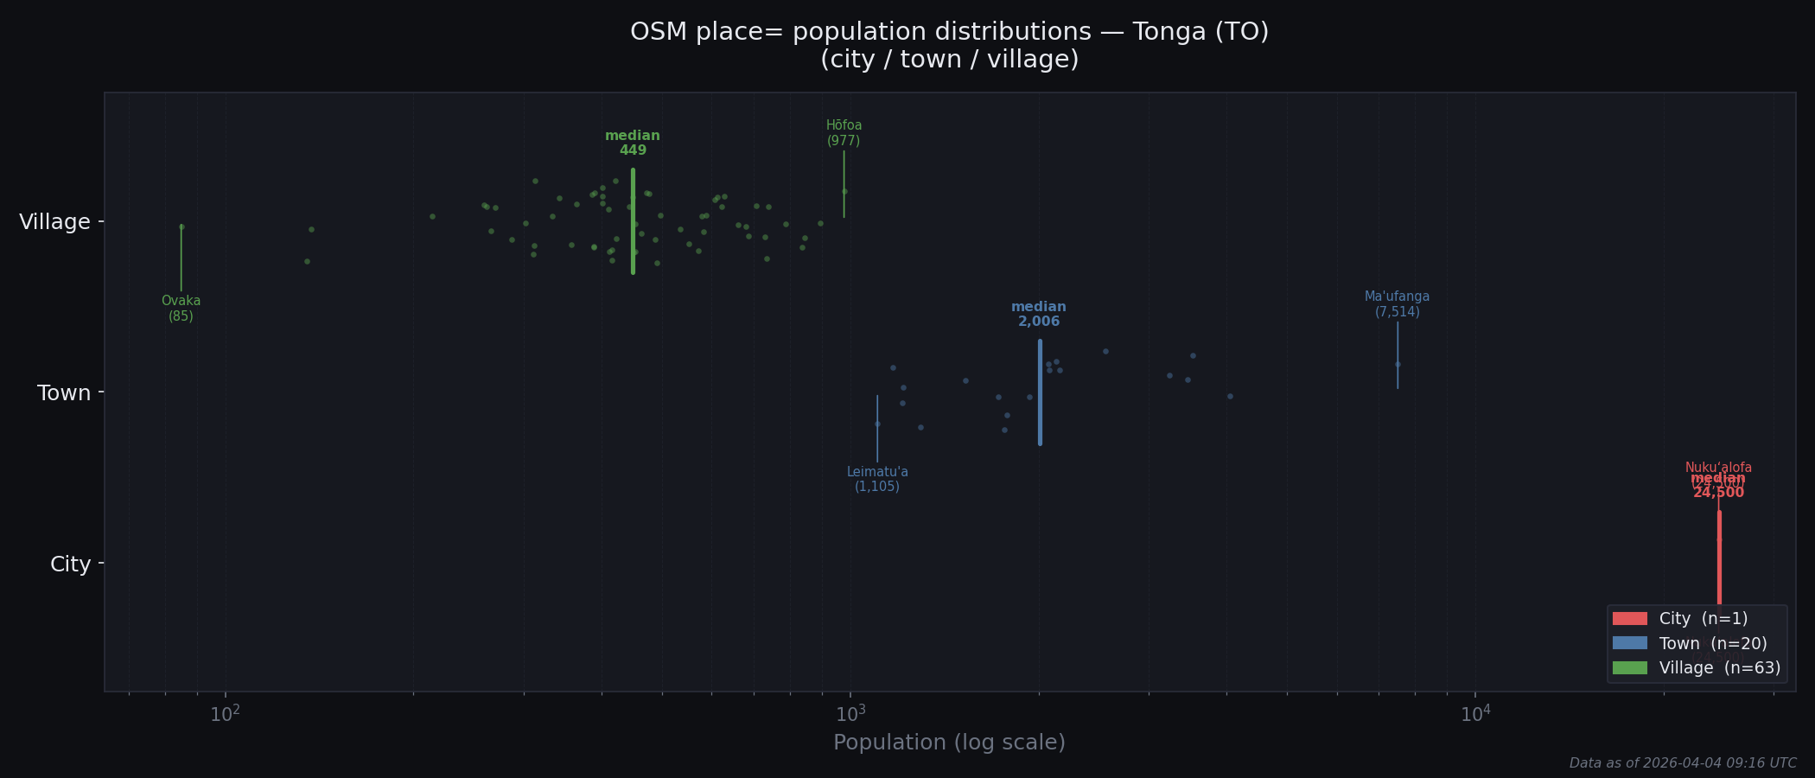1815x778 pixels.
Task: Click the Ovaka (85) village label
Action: [x=181, y=309]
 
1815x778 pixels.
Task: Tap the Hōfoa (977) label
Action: [x=844, y=133]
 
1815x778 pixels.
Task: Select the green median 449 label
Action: [x=633, y=143]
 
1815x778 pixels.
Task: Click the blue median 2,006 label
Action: [x=1039, y=315]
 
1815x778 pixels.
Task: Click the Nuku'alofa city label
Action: [x=1718, y=468]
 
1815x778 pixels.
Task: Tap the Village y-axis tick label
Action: [x=54, y=222]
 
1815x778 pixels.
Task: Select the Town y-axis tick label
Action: [x=63, y=393]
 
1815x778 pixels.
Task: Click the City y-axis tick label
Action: [x=70, y=564]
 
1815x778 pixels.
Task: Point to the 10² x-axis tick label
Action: [x=226, y=714]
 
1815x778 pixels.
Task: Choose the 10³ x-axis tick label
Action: [x=850, y=714]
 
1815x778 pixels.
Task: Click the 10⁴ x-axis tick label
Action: [x=1475, y=714]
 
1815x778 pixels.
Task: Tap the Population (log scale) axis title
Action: [x=949, y=743]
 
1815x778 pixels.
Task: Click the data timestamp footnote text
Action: [x=1682, y=763]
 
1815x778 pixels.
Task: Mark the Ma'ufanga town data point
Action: [x=1398, y=365]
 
